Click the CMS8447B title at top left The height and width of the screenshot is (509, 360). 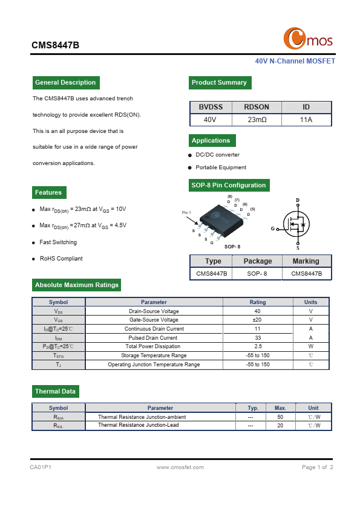[x=55, y=45]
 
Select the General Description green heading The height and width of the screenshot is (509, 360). [x=65, y=83]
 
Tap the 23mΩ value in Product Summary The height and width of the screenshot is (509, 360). [x=257, y=120]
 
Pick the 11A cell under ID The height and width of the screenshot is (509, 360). [x=306, y=120]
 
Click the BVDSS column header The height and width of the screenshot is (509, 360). [x=211, y=107]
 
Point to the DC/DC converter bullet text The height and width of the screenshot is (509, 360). [x=217, y=155]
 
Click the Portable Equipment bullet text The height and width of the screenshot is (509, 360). [x=221, y=167]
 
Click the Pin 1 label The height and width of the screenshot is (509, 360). [x=186, y=213]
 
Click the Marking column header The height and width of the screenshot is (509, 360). [x=306, y=261]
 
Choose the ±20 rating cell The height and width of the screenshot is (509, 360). [x=257, y=320]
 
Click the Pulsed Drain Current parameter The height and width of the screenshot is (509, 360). [x=154, y=338]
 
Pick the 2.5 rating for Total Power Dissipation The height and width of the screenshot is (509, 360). [x=257, y=346]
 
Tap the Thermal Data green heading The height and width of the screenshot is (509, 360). [x=55, y=392]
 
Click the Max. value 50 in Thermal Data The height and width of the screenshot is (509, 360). [x=280, y=417]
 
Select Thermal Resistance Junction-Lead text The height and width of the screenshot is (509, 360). [x=139, y=426]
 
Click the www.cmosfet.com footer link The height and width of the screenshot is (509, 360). [x=179, y=467]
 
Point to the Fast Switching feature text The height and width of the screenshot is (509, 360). [x=58, y=242]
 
